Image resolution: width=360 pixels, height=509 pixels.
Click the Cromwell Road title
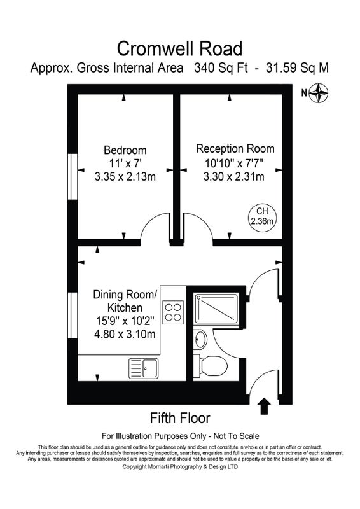[x=179, y=49]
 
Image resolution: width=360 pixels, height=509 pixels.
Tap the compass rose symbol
[x=318, y=93]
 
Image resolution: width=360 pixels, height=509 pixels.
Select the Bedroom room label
[x=125, y=150]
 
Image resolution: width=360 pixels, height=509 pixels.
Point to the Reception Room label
[x=235, y=149]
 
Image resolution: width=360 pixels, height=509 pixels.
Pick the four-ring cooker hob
[x=173, y=312]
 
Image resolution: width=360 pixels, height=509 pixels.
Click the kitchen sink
[x=144, y=368]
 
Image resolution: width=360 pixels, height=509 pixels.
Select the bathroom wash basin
[x=200, y=340]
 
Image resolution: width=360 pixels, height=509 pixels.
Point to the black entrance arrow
[x=265, y=407]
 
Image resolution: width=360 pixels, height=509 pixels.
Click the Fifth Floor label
[x=180, y=418]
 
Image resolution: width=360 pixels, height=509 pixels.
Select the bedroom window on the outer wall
[x=73, y=176]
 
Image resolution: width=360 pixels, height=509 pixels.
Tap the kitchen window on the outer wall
[x=73, y=316]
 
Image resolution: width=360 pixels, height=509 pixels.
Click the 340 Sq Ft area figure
[x=221, y=68]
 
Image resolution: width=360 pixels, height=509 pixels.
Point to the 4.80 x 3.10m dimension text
[x=125, y=334]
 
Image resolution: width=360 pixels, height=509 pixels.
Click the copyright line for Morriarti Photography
[x=180, y=467]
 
